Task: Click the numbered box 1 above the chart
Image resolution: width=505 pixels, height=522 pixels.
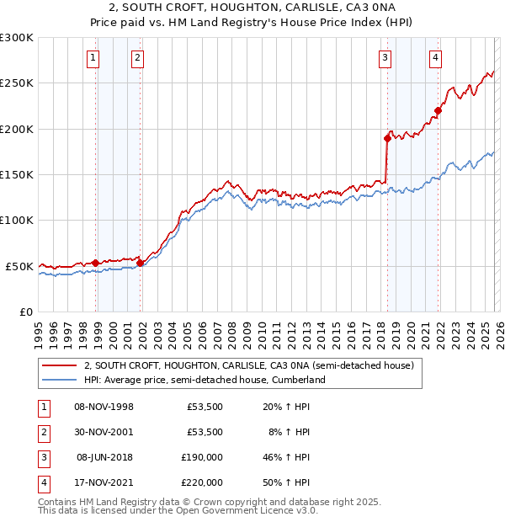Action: tap(92, 58)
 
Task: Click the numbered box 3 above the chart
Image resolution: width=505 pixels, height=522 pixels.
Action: tap(385, 58)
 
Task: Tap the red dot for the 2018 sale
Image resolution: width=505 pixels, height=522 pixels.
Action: tap(387, 138)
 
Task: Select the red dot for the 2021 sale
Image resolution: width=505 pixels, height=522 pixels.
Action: tap(439, 110)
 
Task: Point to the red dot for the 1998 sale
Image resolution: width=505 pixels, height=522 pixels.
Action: tap(96, 263)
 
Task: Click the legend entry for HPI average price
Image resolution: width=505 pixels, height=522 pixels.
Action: tap(204, 380)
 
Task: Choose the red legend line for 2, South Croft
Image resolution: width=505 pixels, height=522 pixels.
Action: tap(59, 366)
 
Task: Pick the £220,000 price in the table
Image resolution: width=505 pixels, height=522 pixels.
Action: tap(202, 482)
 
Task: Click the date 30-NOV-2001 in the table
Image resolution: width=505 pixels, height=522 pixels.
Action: tap(104, 432)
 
